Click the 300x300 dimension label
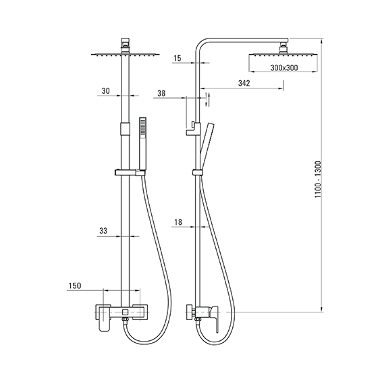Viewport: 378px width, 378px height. tap(284, 68)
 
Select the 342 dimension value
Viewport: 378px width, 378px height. tap(244, 83)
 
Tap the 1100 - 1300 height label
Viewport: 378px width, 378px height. tap(318, 180)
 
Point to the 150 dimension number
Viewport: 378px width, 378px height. tap(75, 286)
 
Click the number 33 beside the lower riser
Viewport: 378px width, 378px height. tap(103, 231)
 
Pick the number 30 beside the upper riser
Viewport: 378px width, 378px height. tap(105, 91)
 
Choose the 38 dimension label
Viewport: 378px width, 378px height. tap(161, 93)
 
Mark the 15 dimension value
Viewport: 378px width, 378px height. tap(177, 58)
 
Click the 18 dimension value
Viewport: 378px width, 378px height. tap(178, 222)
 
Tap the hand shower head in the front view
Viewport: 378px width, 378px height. tap(143, 144)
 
